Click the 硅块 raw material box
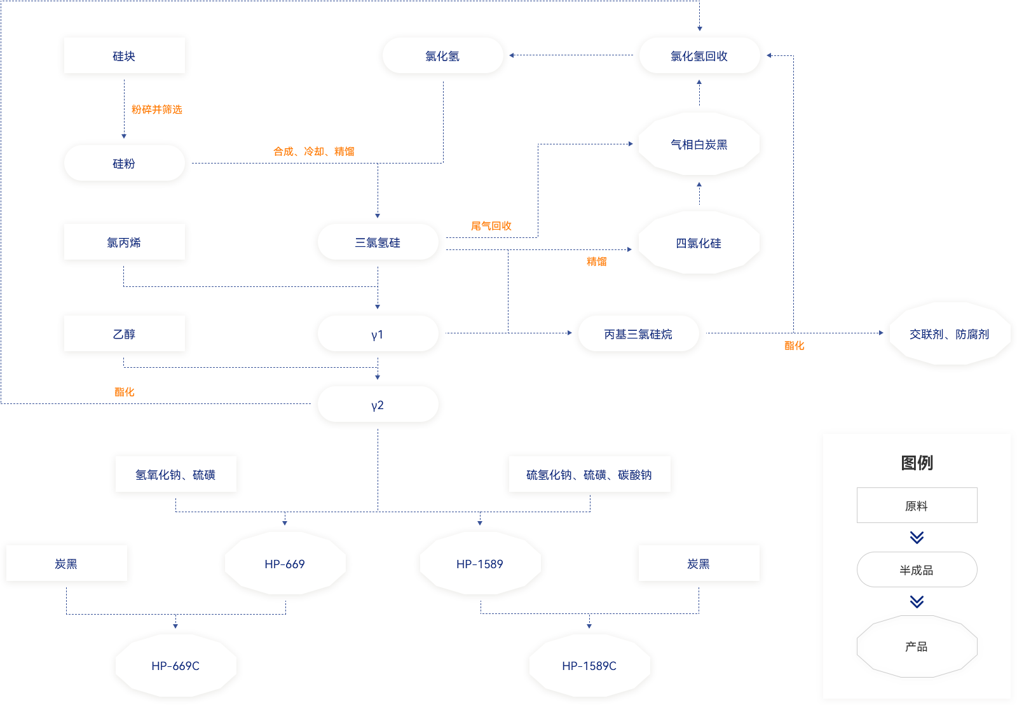125,56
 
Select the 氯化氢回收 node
699,56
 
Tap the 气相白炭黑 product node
699,144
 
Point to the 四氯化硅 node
699,243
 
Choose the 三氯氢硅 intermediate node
378,242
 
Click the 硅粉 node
125,164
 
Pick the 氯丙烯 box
125,242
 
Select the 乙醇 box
125,334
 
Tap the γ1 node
378,334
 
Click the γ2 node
378,405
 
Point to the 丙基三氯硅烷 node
638,334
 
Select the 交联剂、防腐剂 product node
949,334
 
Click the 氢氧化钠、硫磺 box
175,475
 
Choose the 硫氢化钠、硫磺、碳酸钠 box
589,475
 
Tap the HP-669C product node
175,666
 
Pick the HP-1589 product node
480,564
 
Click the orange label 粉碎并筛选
157,109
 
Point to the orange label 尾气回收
491,226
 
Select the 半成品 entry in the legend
917,570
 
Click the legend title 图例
917,463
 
